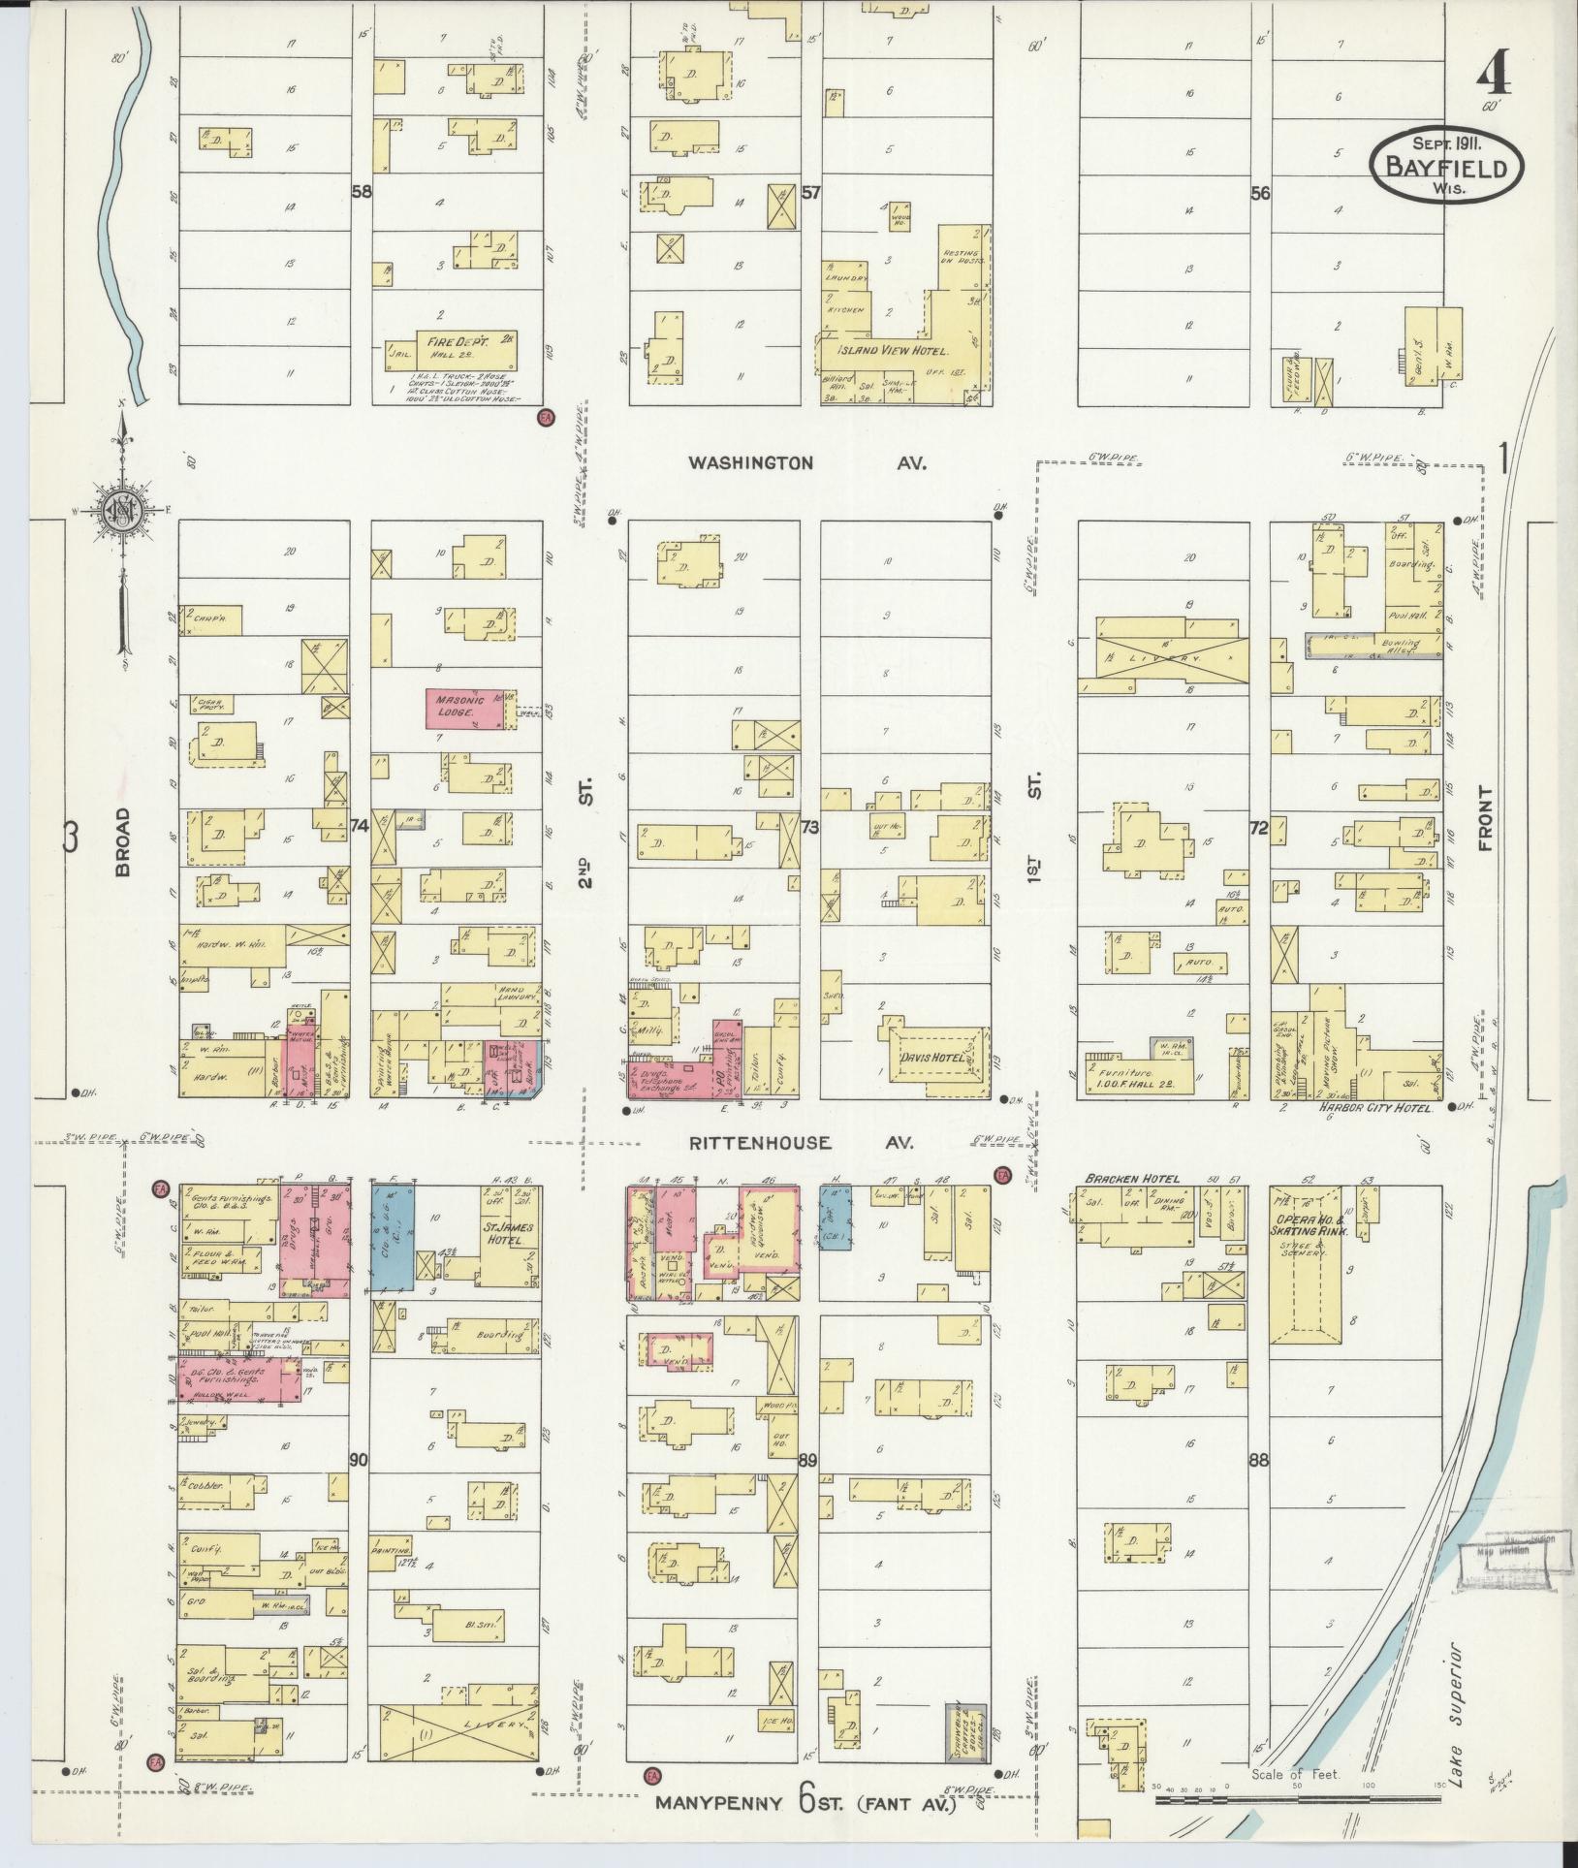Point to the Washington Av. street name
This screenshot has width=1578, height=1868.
(x=807, y=463)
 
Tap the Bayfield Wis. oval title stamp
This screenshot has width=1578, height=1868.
(x=1445, y=167)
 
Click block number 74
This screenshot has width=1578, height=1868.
(x=360, y=827)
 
